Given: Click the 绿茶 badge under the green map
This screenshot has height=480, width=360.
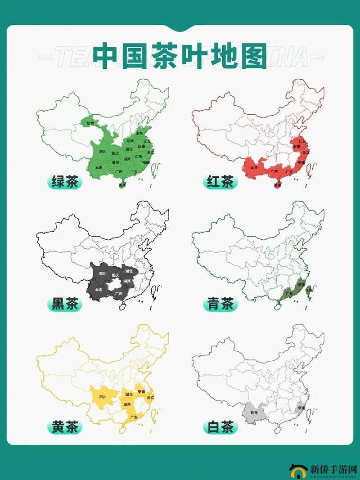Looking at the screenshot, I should click(x=65, y=182).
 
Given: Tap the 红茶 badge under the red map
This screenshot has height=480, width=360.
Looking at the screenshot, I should click(x=220, y=182).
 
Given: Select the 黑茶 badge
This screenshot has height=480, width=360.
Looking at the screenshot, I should click(x=65, y=304).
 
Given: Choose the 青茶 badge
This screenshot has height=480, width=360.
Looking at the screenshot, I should click(x=220, y=304).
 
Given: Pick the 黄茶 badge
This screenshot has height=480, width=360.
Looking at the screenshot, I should click(x=65, y=426).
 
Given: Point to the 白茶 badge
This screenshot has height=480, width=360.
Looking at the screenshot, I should click(x=220, y=426).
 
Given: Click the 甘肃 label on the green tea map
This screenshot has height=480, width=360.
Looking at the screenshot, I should click(x=90, y=123).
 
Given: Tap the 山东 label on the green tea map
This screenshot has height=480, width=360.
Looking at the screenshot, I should click(x=139, y=133).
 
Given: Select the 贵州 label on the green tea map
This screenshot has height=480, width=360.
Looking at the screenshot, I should click(x=116, y=162).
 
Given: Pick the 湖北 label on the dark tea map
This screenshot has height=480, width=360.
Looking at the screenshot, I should click(x=130, y=271).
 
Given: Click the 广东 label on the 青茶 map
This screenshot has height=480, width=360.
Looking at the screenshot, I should click(x=289, y=293).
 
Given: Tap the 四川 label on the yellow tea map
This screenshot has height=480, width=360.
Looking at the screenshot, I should click(x=103, y=397).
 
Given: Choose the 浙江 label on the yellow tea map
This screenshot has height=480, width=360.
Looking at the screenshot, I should click(x=150, y=398).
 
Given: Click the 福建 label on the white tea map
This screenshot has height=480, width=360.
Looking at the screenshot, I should click(x=300, y=408).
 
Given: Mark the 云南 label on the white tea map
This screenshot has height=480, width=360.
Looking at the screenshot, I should click(x=255, y=413).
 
